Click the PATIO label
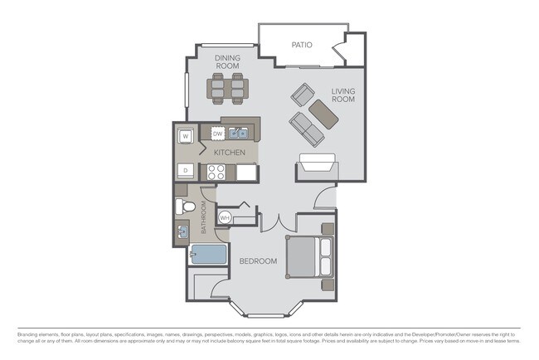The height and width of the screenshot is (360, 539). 301,44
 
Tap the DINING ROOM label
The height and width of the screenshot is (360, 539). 228,62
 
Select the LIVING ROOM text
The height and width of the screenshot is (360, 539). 343,95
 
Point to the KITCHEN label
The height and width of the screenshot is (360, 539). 228,153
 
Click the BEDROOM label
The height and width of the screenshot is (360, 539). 258,261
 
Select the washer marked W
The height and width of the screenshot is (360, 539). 187,135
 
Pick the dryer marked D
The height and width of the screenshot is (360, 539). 187,171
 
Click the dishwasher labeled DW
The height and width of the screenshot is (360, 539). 217,133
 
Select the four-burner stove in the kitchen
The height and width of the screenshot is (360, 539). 216,172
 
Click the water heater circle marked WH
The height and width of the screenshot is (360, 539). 225,217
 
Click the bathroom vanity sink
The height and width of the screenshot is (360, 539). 182,230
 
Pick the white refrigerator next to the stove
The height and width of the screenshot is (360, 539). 246,172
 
